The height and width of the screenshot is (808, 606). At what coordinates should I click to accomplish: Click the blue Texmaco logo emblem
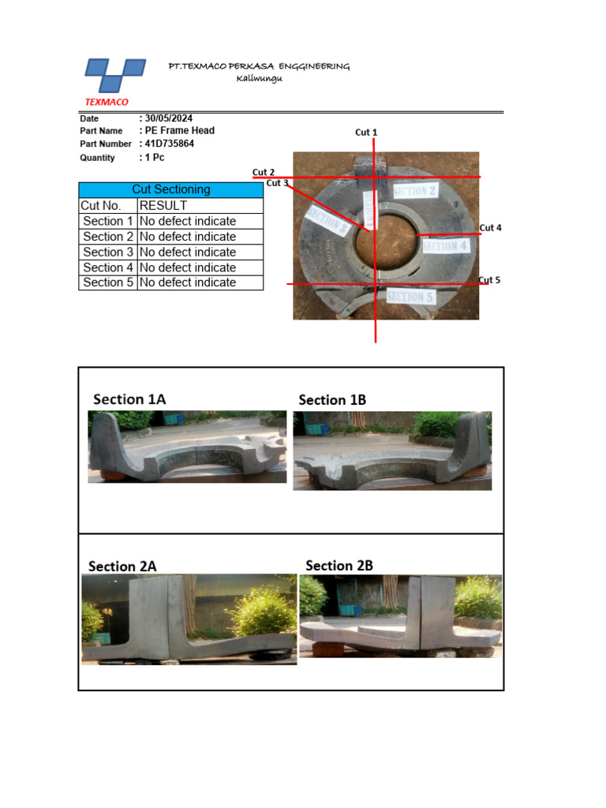point(115,77)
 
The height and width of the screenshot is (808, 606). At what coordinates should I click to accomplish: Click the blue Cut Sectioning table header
point(170,189)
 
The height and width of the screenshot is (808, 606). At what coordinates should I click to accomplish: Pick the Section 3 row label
point(108,252)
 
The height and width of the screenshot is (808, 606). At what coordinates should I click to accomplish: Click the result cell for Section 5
point(200,282)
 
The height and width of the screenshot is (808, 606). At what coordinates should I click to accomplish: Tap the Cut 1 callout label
point(366,132)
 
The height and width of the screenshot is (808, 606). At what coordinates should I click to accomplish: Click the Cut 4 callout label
point(490,228)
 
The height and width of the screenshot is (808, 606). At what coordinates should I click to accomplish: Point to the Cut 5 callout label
point(489,280)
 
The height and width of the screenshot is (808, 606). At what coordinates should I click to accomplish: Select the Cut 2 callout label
point(264,172)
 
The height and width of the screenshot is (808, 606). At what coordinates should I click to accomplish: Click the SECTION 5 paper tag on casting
point(410,297)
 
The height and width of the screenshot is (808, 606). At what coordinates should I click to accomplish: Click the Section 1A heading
point(129,399)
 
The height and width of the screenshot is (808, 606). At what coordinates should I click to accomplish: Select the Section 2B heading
point(339,565)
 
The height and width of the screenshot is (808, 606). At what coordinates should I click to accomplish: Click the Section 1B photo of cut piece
point(392,451)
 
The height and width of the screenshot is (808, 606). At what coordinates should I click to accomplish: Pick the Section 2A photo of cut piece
point(189,619)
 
